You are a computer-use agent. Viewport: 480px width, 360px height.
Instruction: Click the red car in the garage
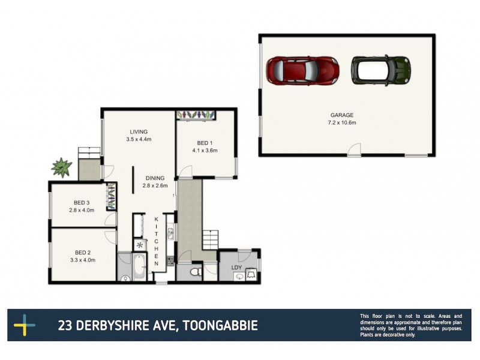(302, 70)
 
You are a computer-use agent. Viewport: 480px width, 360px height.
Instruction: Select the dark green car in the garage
(380, 70)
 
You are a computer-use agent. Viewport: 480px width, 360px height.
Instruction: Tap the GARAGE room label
(341, 115)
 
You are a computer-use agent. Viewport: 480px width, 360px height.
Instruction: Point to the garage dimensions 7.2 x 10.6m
(341, 122)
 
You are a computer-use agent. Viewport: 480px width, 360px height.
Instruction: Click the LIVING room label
(139, 132)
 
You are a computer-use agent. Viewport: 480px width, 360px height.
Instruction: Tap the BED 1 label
(204, 143)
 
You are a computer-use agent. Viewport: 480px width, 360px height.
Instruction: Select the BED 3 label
(82, 202)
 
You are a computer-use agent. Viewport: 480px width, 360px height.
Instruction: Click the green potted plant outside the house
(61, 166)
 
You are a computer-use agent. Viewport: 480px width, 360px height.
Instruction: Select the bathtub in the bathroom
(139, 265)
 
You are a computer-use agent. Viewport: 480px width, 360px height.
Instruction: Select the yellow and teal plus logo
(25, 326)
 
